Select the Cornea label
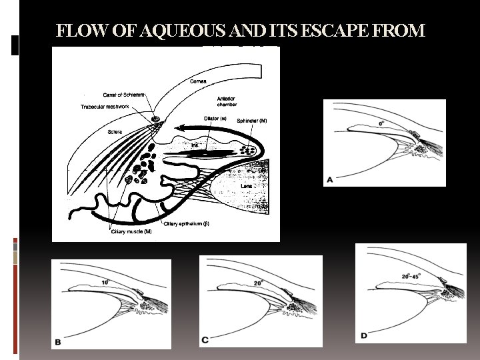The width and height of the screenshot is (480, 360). point(198,81)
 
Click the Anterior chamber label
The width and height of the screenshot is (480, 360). point(227,102)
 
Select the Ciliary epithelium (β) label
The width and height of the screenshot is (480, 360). point(187,223)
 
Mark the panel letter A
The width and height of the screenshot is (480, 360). point(331,179)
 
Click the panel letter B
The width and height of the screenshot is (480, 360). point(58,342)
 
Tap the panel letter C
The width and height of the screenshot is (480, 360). point(205,340)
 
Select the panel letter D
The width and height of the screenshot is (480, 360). point(364,335)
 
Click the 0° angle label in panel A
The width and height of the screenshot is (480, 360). point(382,123)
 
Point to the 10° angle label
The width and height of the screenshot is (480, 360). point(104,283)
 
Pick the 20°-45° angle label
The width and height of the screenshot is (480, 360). point(412,275)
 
